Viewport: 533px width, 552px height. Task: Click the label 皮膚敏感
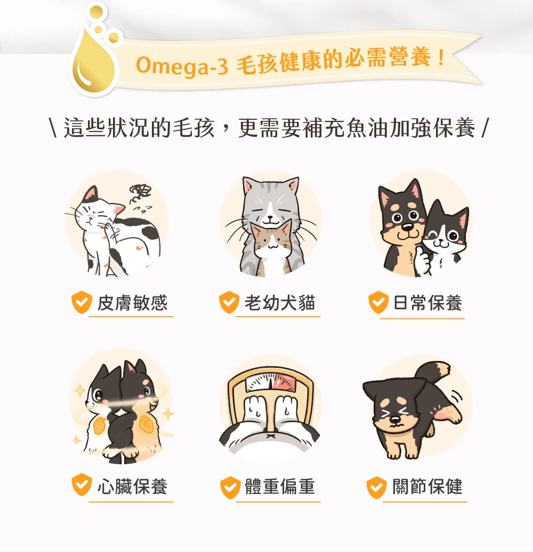tap(132, 303)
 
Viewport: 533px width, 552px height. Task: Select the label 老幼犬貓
tap(280, 303)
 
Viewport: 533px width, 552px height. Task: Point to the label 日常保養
tap(427, 303)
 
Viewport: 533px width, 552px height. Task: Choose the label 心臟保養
tap(132, 485)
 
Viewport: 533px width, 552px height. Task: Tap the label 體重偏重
tap(280, 487)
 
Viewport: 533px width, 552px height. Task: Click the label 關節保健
tap(427, 487)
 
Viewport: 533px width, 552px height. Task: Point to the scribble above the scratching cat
tap(141, 191)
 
